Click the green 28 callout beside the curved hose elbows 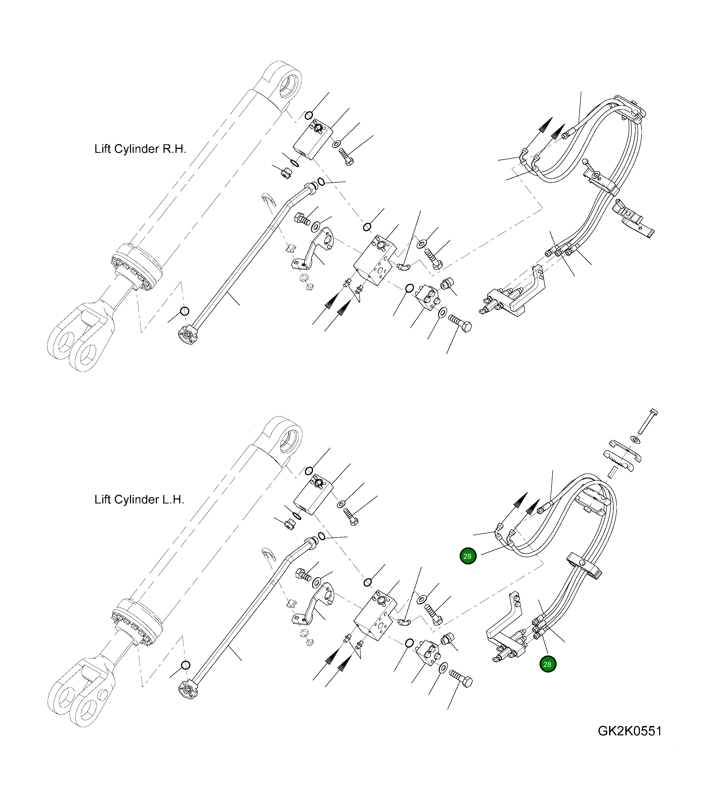click(x=468, y=556)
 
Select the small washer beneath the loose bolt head click(x=635, y=440)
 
